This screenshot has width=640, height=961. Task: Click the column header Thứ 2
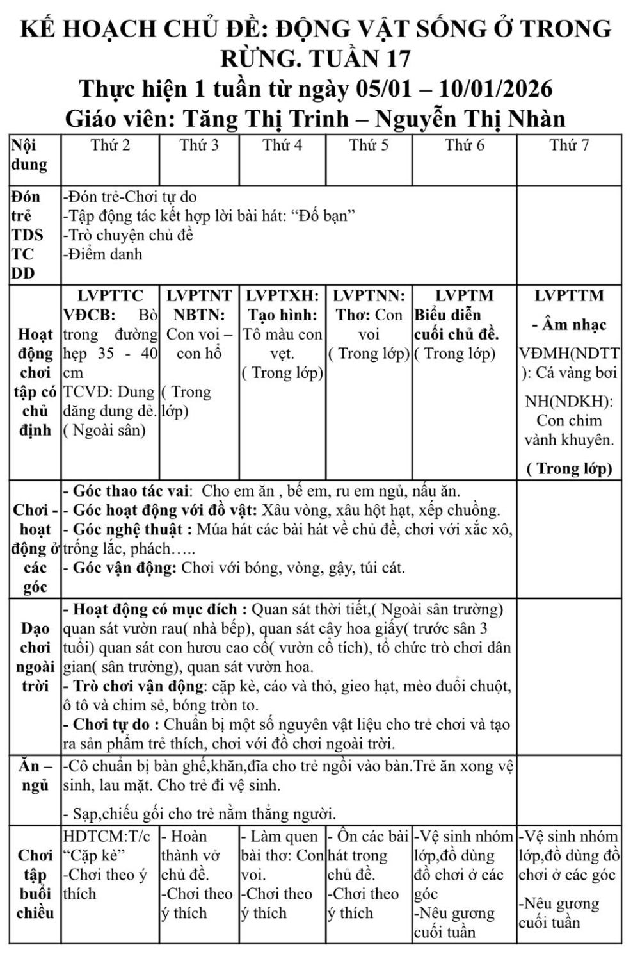pos(110,145)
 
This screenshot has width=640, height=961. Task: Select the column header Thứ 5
pos(369,145)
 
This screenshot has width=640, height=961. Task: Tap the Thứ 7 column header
pos(569,145)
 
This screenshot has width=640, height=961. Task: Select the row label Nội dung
pos(29,154)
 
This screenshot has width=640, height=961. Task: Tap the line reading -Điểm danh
pos(103,254)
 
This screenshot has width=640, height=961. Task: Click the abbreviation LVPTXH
pos(282,296)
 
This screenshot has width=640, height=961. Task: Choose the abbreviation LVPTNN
pos(369,296)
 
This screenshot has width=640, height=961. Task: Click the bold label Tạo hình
pos(282,315)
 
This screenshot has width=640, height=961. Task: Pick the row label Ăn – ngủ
pos(35,775)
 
